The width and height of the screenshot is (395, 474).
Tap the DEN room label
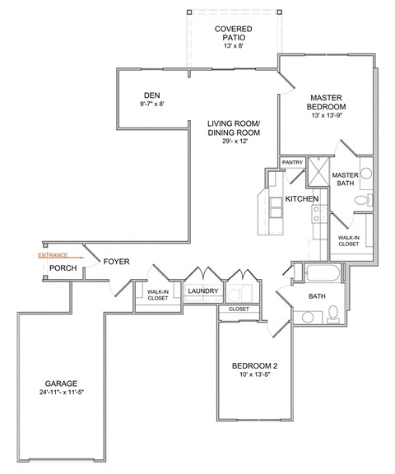pos(151,94)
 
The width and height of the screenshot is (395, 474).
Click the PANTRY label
pos(292,163)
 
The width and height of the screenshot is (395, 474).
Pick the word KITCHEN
pos(302,199)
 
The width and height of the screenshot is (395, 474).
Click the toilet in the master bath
pos(368,199)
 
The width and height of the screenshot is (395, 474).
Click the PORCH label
pos(63,268)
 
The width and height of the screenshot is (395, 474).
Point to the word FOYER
pos(115,262)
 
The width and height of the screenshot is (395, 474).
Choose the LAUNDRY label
pos(202,291)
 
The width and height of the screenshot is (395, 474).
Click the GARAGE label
pos(62,383)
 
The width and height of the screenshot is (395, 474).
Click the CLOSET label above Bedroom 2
pos(239,309)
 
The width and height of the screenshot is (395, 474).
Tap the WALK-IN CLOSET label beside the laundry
pos(157,295)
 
